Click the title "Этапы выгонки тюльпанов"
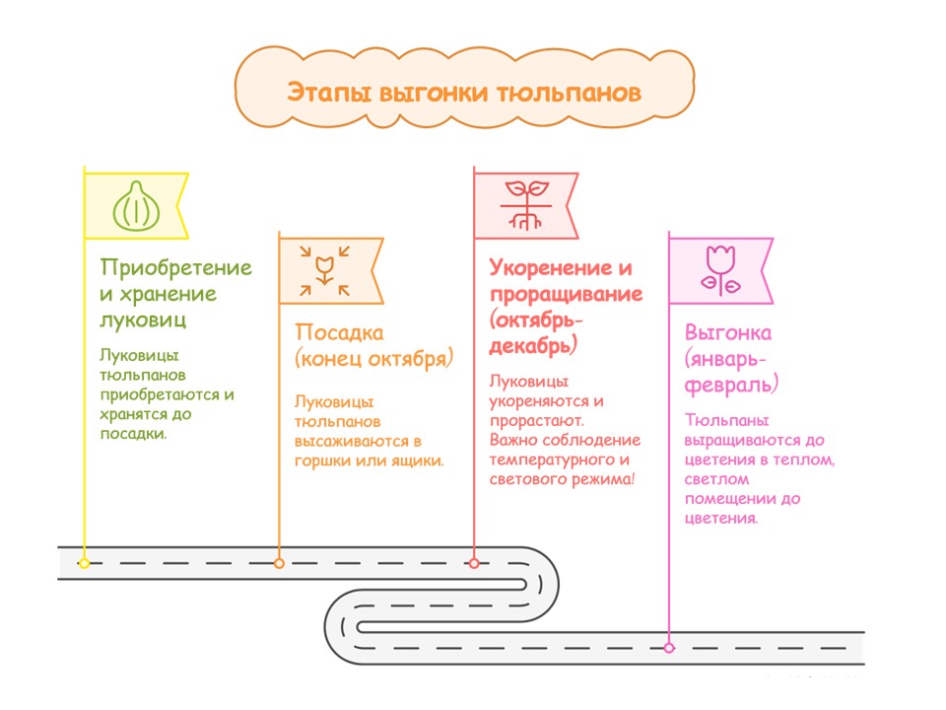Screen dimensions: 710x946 pos(464,93)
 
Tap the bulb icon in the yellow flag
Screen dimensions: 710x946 pos(135,206)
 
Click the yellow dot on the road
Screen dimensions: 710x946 pos(84,563)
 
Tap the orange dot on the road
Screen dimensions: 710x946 pos(279,563)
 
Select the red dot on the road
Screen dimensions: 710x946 pos(474,563)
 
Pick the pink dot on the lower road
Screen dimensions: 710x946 pos(669,648)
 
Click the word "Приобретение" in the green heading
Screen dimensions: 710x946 pos(176,268)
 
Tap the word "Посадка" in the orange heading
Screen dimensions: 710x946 pos(340,332)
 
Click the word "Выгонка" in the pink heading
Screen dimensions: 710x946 pos(728,332)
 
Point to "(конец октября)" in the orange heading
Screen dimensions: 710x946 pos(373,358)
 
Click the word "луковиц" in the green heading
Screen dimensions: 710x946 pos(143,319)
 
